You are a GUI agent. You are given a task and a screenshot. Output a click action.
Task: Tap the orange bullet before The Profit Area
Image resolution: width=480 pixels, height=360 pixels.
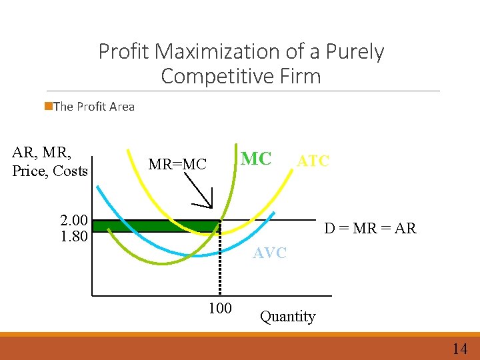[48, 106]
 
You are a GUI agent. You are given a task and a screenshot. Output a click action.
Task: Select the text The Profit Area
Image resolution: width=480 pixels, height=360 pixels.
[93, 107]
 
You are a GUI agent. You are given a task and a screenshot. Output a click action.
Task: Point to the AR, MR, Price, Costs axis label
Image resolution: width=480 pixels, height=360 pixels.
[50, 162]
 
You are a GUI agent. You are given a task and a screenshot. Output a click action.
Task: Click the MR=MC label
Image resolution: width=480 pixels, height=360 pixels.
[177, 164]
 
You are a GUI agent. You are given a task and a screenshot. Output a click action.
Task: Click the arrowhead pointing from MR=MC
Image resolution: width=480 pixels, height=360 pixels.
[208, 203]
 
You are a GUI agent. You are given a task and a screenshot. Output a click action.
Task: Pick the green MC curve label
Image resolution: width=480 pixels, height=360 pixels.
[256, 159]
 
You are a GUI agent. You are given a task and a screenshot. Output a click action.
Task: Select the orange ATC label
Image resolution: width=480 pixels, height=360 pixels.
[313, 161]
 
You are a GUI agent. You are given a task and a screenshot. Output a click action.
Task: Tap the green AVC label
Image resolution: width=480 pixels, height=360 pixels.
[269, 253]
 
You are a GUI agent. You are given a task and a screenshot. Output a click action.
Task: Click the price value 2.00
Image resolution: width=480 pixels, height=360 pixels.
[74, 220]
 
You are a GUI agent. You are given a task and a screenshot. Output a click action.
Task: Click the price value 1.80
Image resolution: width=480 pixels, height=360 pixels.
[74, 236]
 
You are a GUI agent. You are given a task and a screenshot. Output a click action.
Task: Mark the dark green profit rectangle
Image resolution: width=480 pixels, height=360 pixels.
[156, 226]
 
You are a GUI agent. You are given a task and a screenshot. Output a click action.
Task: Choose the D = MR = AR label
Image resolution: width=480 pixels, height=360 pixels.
[370, 229]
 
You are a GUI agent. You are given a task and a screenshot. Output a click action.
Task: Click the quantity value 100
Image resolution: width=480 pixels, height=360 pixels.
[219, 308]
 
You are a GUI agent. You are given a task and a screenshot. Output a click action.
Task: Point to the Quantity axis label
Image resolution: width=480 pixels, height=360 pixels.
[287, 317]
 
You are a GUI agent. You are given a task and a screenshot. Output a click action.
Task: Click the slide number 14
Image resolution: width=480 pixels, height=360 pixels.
[459, 349]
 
